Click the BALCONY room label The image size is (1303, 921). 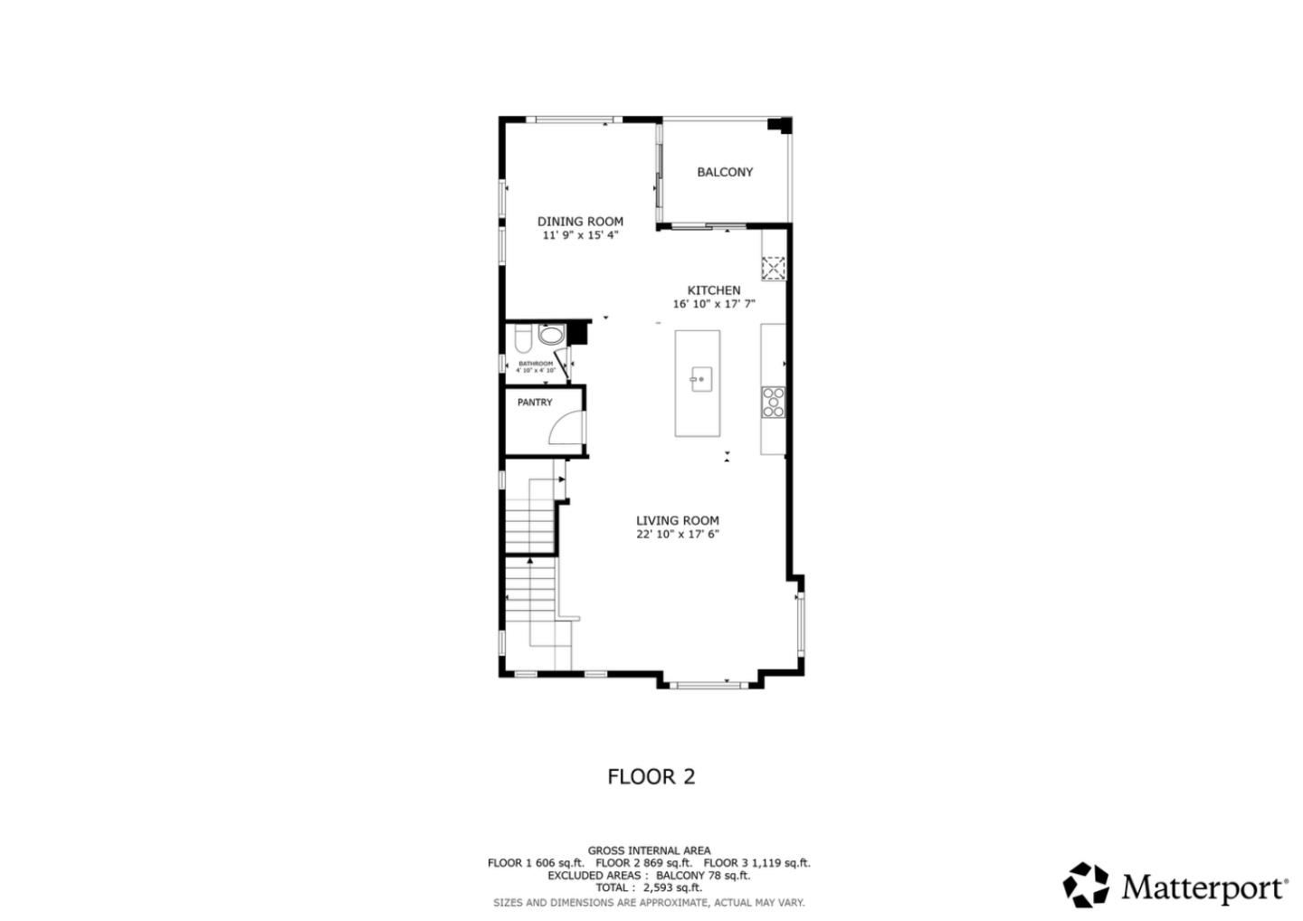724,172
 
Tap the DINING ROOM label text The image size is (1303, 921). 580,222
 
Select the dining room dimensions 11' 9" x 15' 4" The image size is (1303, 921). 580,235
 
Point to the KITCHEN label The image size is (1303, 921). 713,290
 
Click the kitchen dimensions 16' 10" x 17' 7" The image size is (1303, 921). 713,304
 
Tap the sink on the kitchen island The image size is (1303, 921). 699,379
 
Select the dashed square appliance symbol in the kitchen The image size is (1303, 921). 773,268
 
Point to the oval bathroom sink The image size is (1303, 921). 549,336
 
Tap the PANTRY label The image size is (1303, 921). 535,403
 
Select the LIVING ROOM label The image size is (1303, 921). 677,520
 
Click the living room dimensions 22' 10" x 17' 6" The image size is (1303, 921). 677,534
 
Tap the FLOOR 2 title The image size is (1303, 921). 651,776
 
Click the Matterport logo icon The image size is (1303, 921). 1085,884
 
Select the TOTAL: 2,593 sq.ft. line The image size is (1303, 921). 648,888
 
